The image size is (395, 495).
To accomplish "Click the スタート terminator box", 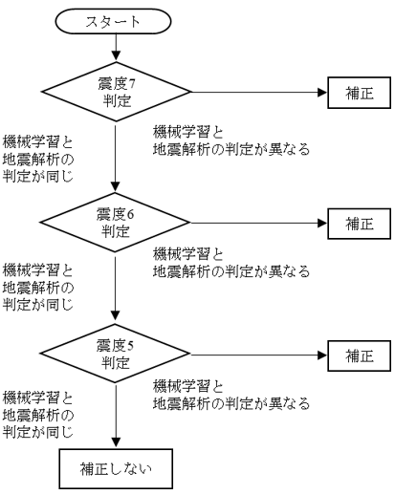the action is pos(113,21).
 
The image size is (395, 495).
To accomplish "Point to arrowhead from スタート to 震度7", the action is pos(116,55).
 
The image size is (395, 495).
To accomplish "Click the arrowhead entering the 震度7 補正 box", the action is pos(322,93).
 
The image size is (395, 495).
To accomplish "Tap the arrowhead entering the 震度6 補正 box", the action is pos(322,224).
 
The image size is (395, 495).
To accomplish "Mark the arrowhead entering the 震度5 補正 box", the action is pos(322,355).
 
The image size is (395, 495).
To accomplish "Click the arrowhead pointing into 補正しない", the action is pos(116,442).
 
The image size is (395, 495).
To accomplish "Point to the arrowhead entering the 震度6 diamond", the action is pos(115,186).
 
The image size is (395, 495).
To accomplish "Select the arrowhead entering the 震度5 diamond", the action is pos(115,315).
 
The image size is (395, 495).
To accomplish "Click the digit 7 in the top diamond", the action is pos(132,84).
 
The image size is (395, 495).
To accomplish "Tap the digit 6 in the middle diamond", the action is pos(130,215).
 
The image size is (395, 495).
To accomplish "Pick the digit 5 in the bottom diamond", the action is pos(130,346).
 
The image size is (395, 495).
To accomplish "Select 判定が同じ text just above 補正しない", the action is pos(38,432).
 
